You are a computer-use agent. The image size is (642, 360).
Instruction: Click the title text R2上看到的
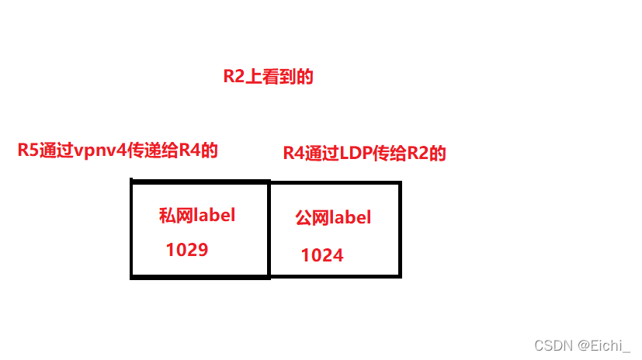click(x=268, y=76)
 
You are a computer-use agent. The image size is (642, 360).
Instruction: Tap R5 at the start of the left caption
click(x=28, y=151)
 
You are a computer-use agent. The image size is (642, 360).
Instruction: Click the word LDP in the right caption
click(x=354, y=154)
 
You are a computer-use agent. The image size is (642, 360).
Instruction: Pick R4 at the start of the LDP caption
click(x=293, y=154)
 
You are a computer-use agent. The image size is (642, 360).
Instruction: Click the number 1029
click(x=187, y=250)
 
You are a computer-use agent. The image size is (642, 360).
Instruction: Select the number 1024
click(x=322, y=254)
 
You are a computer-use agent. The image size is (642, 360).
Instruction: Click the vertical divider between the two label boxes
click(x=269, y=229)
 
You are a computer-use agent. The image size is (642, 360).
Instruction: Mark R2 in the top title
click(x=234, y=76)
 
